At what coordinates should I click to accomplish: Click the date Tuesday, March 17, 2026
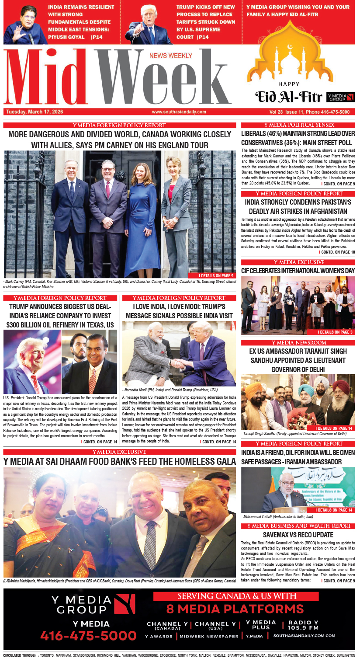[x=35, y=112]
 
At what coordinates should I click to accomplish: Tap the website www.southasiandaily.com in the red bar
[x=179, y=112]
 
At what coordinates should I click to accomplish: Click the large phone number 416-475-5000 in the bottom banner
[x=89, y=635]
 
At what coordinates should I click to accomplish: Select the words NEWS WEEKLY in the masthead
[x=170, y=56]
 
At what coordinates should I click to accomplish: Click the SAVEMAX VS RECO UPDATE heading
[x=298, y=535]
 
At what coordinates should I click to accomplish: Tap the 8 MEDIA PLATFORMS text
[x=235, y=609]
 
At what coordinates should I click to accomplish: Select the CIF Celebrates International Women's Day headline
[x=298, y=271]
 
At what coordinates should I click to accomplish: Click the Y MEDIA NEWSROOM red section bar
[x=298, y=342]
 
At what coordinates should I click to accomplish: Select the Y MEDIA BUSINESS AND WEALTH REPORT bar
[x=298, y=526]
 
